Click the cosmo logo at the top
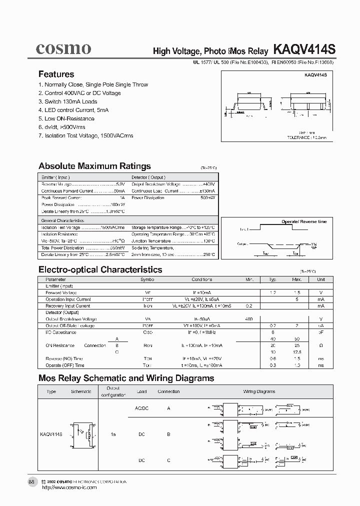[63, 48]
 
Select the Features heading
[56, 74]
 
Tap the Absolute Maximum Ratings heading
[94, 166]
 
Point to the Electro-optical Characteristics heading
[100, 269]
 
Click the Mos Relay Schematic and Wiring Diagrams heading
[126, 378]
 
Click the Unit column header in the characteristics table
[321, 279]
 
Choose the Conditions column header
[201, 279]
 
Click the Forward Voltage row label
[61, 292]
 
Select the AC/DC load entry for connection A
[142, 408]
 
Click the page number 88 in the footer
[31, 481]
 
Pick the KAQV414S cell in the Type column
[51, 434]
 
